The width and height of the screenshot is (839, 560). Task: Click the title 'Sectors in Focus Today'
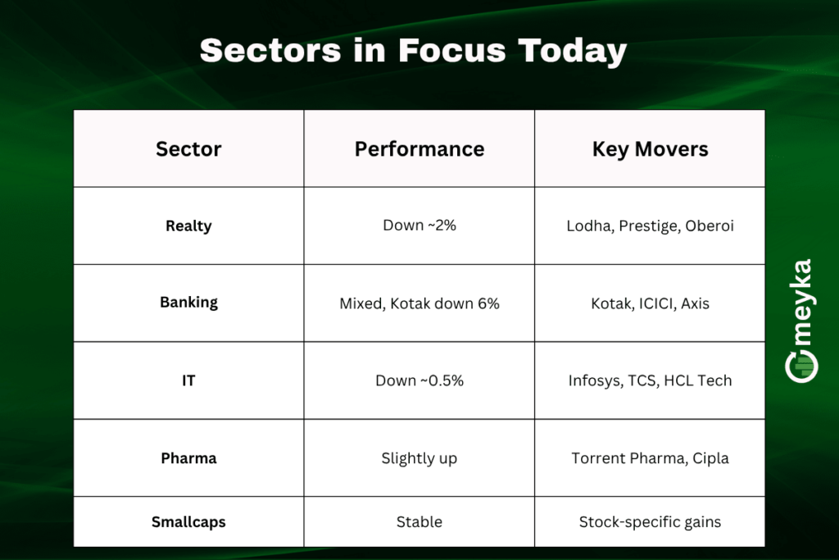coord(413,51)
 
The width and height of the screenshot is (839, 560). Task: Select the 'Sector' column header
coord(188,149)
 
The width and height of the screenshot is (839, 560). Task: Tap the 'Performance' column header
coord(419,149)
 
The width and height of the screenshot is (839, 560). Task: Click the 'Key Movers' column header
coord(650,149)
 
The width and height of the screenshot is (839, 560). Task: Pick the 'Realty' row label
coord(188,225)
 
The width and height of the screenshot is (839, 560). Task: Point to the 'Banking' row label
coord(188,303)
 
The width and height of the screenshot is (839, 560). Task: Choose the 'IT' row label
coord(188,380)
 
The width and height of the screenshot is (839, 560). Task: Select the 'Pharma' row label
coord(188,458)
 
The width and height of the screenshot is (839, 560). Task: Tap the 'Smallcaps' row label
coord(188,521)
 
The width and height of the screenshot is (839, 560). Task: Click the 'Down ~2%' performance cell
coord(419,225)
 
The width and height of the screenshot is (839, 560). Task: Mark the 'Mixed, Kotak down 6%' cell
coord(419,303)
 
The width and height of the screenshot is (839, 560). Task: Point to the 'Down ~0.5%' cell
coord(419,380)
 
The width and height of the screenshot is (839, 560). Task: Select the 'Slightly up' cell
coord(419,458)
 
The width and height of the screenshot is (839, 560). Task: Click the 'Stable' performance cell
coord(419,521)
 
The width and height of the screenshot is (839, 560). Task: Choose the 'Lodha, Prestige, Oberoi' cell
coord(650,225)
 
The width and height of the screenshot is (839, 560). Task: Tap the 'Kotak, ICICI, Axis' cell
coord(650,303)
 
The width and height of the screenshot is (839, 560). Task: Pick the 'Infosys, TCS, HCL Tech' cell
coord(650,380)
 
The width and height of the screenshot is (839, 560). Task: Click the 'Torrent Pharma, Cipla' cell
coord(650,458)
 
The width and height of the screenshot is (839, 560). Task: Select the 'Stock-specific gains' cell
coord(650,521)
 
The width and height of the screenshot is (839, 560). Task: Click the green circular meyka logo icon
coord(801,367)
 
